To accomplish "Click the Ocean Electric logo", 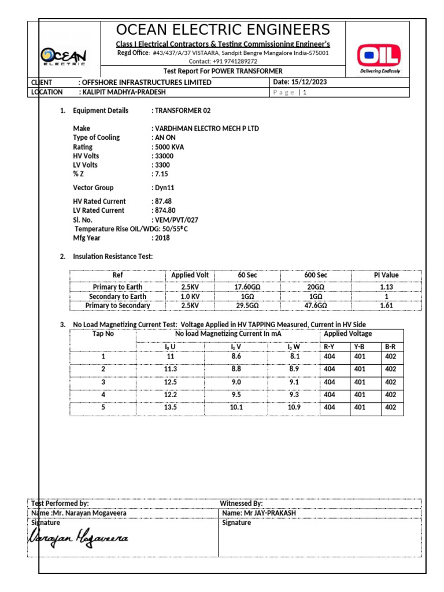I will tap(64, 57).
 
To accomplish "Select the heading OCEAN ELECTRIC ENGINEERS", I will tap(223, 30).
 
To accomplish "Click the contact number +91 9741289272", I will tap(231, 61).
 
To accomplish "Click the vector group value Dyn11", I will tap(165, 188).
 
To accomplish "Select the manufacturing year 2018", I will tap(162, 238).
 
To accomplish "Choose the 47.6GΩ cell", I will tap(315, 305).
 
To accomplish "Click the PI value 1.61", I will tap(386, 305).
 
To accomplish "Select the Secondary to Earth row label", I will tap(117, 296).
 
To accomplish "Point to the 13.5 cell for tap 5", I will tap(170, 407).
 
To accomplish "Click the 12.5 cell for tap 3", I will tap(170, 382).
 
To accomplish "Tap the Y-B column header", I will tap(360, 346).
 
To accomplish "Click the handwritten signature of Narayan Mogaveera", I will tap(79, 539).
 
